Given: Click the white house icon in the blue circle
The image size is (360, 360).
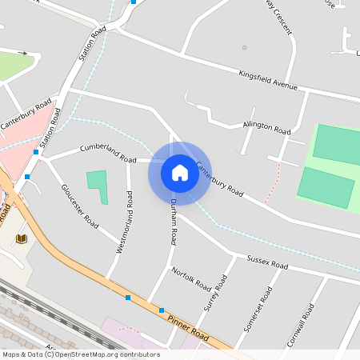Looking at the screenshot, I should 179,173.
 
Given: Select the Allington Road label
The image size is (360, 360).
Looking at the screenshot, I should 267,128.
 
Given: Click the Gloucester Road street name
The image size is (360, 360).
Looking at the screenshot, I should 80,206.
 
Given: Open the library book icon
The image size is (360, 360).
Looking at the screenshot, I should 22,238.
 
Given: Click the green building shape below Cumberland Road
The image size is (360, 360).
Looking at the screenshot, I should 98,186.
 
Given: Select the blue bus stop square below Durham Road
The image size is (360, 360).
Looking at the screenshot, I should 162,310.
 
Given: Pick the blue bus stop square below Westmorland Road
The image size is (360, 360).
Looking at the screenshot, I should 128,298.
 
